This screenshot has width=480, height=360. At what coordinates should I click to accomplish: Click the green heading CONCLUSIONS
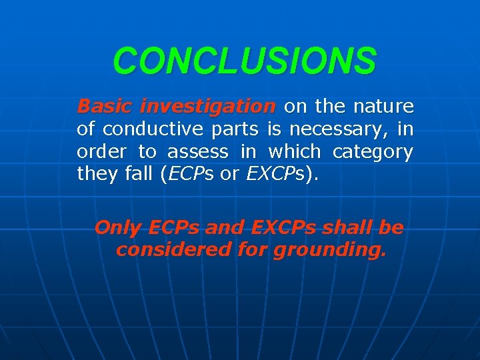(x=244, y=61)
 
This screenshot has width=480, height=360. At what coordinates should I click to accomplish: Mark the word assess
(x=197, y=151)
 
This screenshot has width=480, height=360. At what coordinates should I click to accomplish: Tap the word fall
(x=140, y=174)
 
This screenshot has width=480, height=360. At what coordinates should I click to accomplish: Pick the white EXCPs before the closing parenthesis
(x=275, y=175)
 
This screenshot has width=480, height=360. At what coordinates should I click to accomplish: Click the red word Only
(x=117, y=228)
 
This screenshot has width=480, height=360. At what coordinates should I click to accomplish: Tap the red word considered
(x=169, y=251)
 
